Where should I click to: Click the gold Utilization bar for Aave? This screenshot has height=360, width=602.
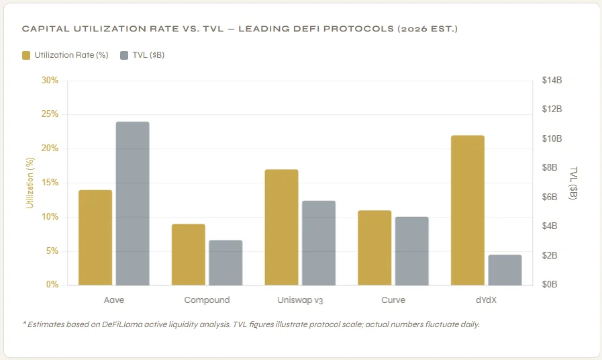point(95,238)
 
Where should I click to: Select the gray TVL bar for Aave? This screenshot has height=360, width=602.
point(132,204)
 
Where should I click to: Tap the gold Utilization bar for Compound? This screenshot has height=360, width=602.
point(188,255)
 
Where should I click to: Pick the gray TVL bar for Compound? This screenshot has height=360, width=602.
point(225,263)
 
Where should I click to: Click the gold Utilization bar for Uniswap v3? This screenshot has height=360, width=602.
point(281,227)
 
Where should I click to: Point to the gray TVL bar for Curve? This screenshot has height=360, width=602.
point(411,251)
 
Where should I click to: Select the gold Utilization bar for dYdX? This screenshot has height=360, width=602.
point(468,210)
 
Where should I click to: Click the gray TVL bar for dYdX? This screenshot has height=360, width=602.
point(505,270)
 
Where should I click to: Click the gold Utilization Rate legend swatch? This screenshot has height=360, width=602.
point(26,55)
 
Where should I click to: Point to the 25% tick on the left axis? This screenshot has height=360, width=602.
point(50,114)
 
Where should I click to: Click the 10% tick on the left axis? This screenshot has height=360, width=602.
point(50,217)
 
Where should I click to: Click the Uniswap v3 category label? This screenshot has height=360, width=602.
point(299,300)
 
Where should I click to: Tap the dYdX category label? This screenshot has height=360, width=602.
point(486,300)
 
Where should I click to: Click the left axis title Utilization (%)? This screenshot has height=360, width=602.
point(30,182)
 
